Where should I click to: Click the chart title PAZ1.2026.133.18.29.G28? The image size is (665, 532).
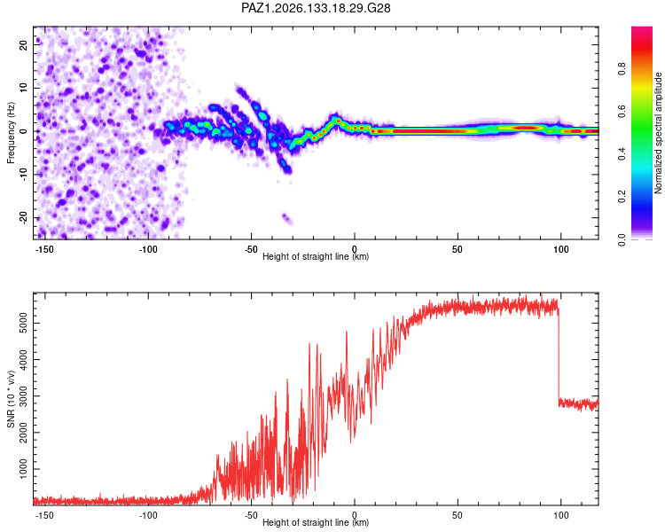(x=316, y=8)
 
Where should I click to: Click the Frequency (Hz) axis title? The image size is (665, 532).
(x=11, y=133)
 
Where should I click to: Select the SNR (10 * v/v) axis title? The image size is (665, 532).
(x=11, y=399)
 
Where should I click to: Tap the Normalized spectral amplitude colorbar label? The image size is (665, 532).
(x=658, y=133)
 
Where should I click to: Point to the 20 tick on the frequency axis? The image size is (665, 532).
(x=24, y=44)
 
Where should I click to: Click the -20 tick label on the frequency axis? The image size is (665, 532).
(x=24, y=217)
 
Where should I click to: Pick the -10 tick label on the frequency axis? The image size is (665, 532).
(x=24, y=175)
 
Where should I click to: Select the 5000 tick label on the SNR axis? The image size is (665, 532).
(x=24, y=324)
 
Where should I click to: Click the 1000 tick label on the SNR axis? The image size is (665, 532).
(x=24, y=469)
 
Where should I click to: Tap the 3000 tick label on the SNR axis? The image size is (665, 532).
(x=24, y=395)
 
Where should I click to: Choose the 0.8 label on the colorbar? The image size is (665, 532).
(x=622, y=69)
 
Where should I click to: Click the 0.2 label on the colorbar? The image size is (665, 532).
(x=622, y=197)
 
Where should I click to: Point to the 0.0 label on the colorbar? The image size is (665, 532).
(x=622, y=239)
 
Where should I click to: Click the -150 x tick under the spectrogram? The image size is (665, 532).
(x=43, y=249)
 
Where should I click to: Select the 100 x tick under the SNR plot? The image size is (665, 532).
(x=560, y=515)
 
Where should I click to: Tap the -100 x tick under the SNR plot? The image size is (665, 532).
(x=147, y=515)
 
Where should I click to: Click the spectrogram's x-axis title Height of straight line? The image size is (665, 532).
(x=306, y=256)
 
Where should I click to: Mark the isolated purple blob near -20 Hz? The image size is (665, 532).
(x=287, y=218)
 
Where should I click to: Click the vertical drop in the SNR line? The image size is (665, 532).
(x=559, y=355)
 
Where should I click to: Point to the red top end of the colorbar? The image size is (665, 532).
(x=642, y=30)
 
